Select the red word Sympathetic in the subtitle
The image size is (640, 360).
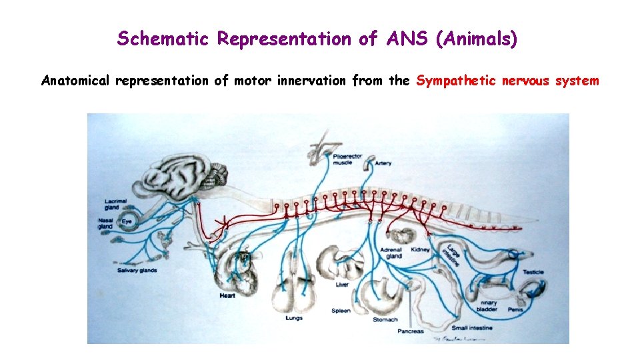(456, 81)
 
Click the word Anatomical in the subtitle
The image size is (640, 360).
(75, 81)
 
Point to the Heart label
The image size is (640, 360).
(227, 295)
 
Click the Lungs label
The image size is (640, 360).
(293, 318)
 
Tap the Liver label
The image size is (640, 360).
(342, 285)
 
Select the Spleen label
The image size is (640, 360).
(341, 311)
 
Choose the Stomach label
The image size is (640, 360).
(385, 320)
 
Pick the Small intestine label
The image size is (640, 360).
(472, 328)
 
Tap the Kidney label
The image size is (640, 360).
(421, 249)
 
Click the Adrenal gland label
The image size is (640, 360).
(391, 253)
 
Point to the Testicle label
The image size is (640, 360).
(533, 272)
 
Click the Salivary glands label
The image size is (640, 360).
(137, 271)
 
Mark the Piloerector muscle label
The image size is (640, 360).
(347, 159)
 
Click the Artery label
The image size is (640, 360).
(383, 163)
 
